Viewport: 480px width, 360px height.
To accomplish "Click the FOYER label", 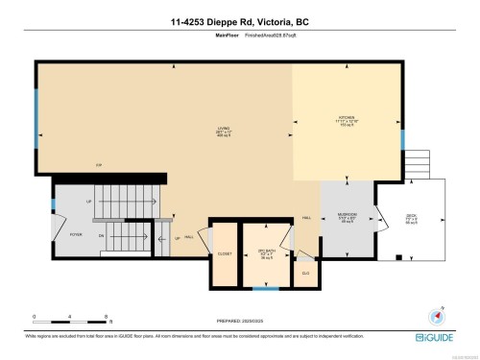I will (76, 234).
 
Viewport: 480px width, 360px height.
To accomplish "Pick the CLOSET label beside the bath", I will (225, 254).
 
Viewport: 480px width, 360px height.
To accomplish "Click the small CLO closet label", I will (306, 273).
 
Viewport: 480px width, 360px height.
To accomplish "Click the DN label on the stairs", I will (102, 234).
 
